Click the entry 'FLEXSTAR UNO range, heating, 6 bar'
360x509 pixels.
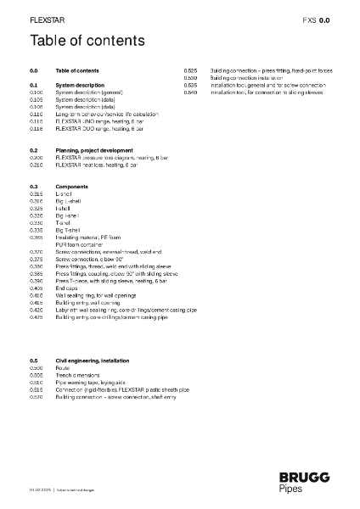[93, 121]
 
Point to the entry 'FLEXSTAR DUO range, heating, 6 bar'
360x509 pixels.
[94, 128]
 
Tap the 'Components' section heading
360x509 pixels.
[71, 186]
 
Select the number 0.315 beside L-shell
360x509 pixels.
[37, 193]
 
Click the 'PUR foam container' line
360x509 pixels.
[81, 244]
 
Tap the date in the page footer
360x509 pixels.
[41, 491]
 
